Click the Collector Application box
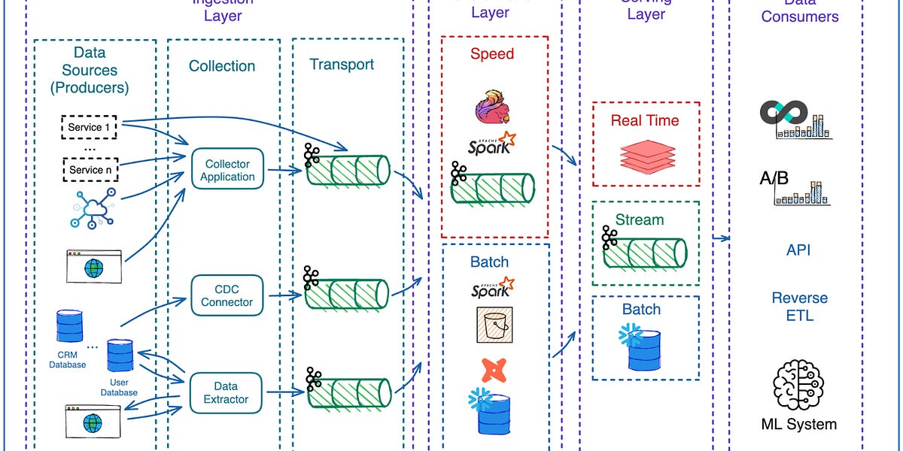(x=227, y=171)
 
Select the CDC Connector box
(x=227, y=295)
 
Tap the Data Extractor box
(x=226, y=392)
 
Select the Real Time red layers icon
(x=644, y=155)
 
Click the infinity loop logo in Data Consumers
(x=783, y=113)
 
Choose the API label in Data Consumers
(x=798, y=250)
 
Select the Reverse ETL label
(x=799, y=307)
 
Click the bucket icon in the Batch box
(x=493, y=325)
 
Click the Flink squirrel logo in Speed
(x=494, y=106)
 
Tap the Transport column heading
(x=342, y=65)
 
